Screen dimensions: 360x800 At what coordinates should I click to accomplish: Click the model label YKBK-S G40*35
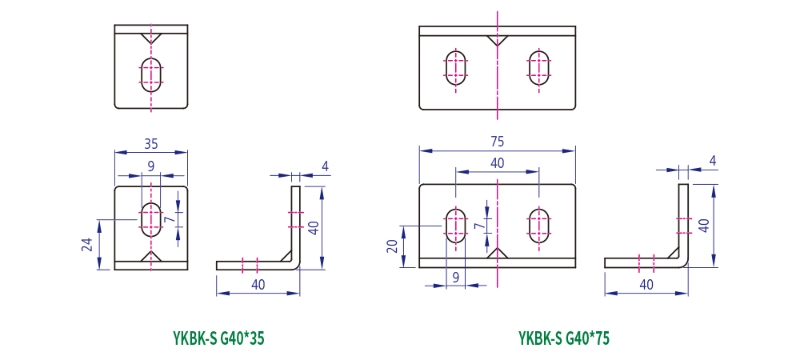point(218,338)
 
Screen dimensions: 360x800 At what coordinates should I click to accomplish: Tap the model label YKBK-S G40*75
point(564,338)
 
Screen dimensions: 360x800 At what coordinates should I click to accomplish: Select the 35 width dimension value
point(151,144)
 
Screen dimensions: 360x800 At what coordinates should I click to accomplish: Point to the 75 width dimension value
point(497,142)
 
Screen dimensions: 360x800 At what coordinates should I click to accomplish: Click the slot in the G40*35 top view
point(151,72)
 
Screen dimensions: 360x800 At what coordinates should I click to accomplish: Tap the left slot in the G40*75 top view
point(457,67)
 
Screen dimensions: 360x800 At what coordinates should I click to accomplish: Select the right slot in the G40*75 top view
point(539,67)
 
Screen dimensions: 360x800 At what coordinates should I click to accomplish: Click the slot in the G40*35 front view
point(151,219)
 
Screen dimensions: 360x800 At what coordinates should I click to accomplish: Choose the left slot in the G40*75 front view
point(456,226)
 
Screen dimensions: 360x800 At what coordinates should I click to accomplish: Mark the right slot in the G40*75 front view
point(539,226)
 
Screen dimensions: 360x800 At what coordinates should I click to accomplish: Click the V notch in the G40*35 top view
point(151,38)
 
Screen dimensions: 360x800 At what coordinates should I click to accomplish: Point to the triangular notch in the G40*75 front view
point(498,254)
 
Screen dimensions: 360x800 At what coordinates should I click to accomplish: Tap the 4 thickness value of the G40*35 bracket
point(325,166)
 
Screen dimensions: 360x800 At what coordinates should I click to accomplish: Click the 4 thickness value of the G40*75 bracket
point(712,162)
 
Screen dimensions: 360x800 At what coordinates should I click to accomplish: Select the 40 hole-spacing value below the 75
point(497,162)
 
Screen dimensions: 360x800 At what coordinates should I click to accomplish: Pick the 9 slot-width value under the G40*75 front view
point(456,278)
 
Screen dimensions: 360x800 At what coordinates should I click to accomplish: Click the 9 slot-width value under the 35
point(151,166)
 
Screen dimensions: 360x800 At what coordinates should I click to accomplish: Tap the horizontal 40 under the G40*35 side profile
point(258,284)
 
